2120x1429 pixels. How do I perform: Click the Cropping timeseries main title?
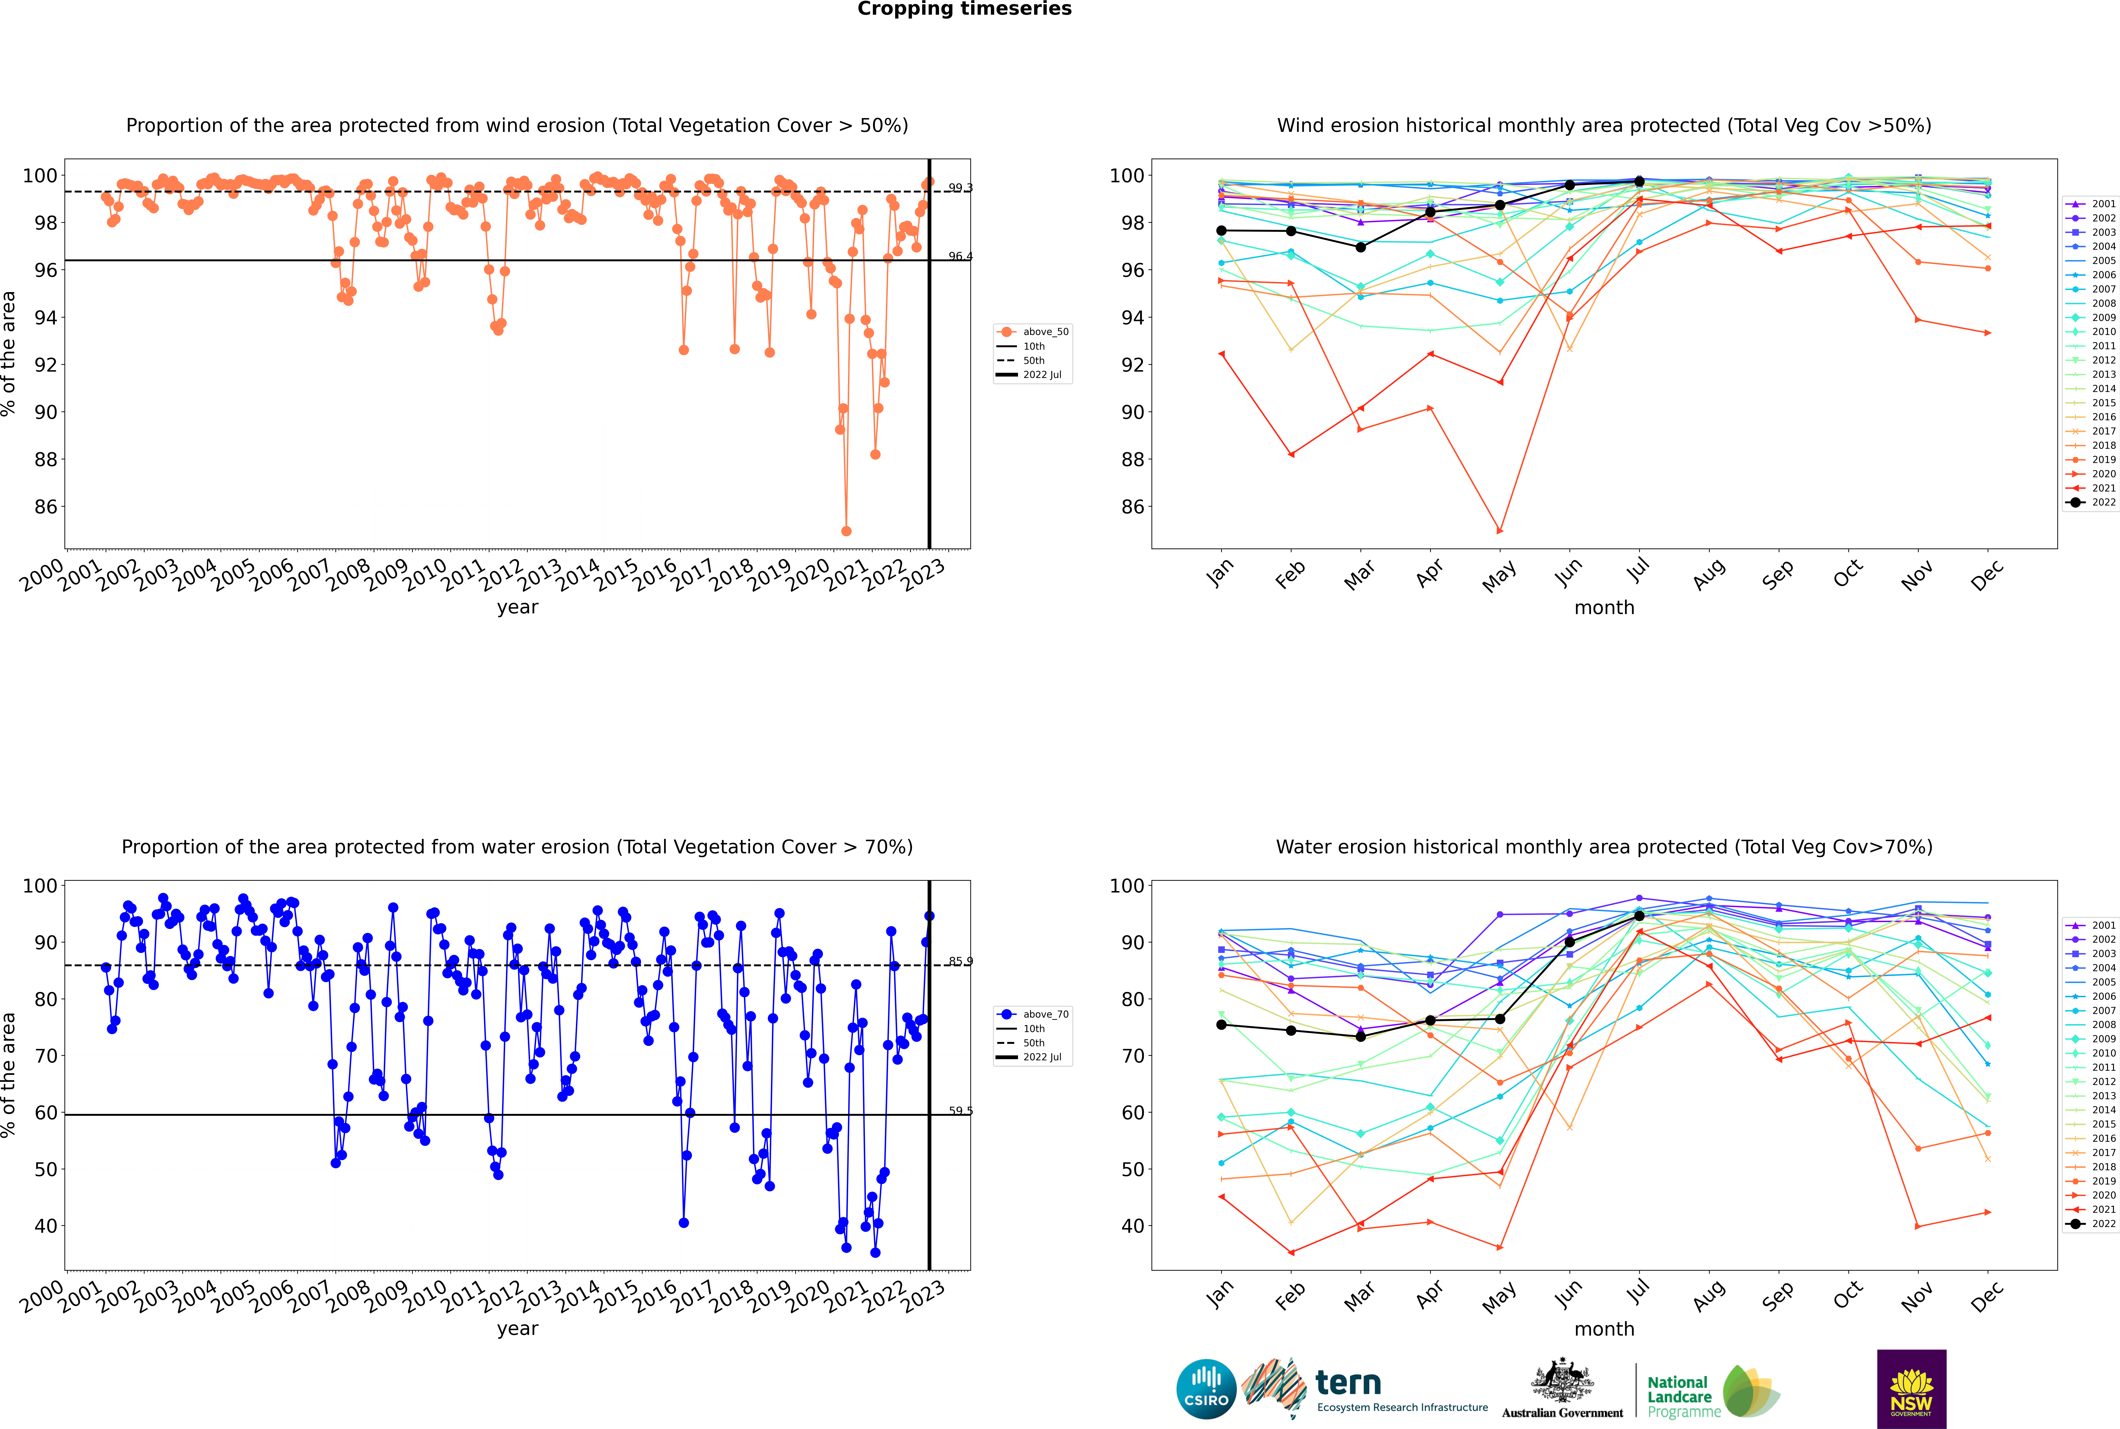(964, 9)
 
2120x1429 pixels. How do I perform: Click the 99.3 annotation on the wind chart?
(960, 188)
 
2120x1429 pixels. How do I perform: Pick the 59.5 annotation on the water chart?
(960, 1111)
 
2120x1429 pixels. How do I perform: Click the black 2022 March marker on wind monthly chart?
(1361, 247)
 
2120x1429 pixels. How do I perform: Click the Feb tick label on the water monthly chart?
(1291, 1296)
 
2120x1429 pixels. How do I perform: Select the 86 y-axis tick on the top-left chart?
(45, 507)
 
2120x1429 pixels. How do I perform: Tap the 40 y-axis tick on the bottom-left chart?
(45, 1226)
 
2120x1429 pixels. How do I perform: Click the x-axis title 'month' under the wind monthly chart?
(1604, 608)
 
